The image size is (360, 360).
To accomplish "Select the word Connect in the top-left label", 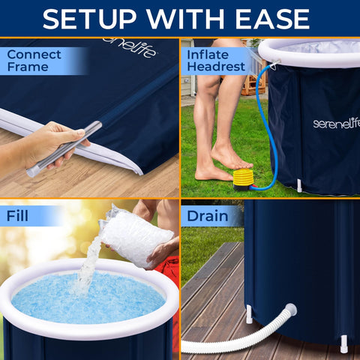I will pyautogui.click(x=34, y=55).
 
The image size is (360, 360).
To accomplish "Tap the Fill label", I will pyautogui.click(x=19, y=217).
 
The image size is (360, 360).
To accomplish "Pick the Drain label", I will pyautogui.click(x=208, y=217).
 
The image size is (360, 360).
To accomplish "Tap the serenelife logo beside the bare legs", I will pyautogui.click(x=335, y=122).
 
